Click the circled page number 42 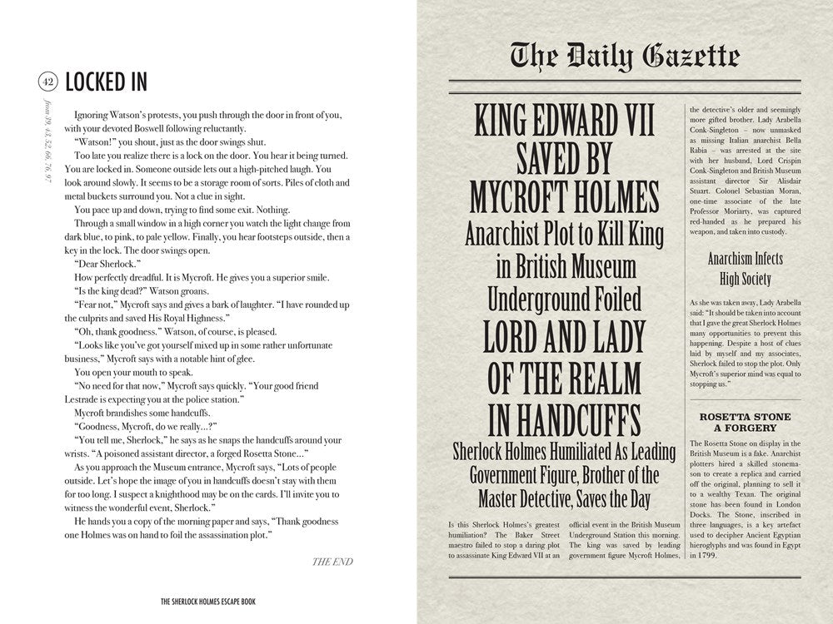[47, 81]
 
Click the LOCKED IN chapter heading [106, 81]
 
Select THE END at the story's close [332, 562]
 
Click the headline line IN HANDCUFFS [565, 420]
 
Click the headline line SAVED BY [565, 159]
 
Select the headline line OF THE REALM [565, 379]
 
